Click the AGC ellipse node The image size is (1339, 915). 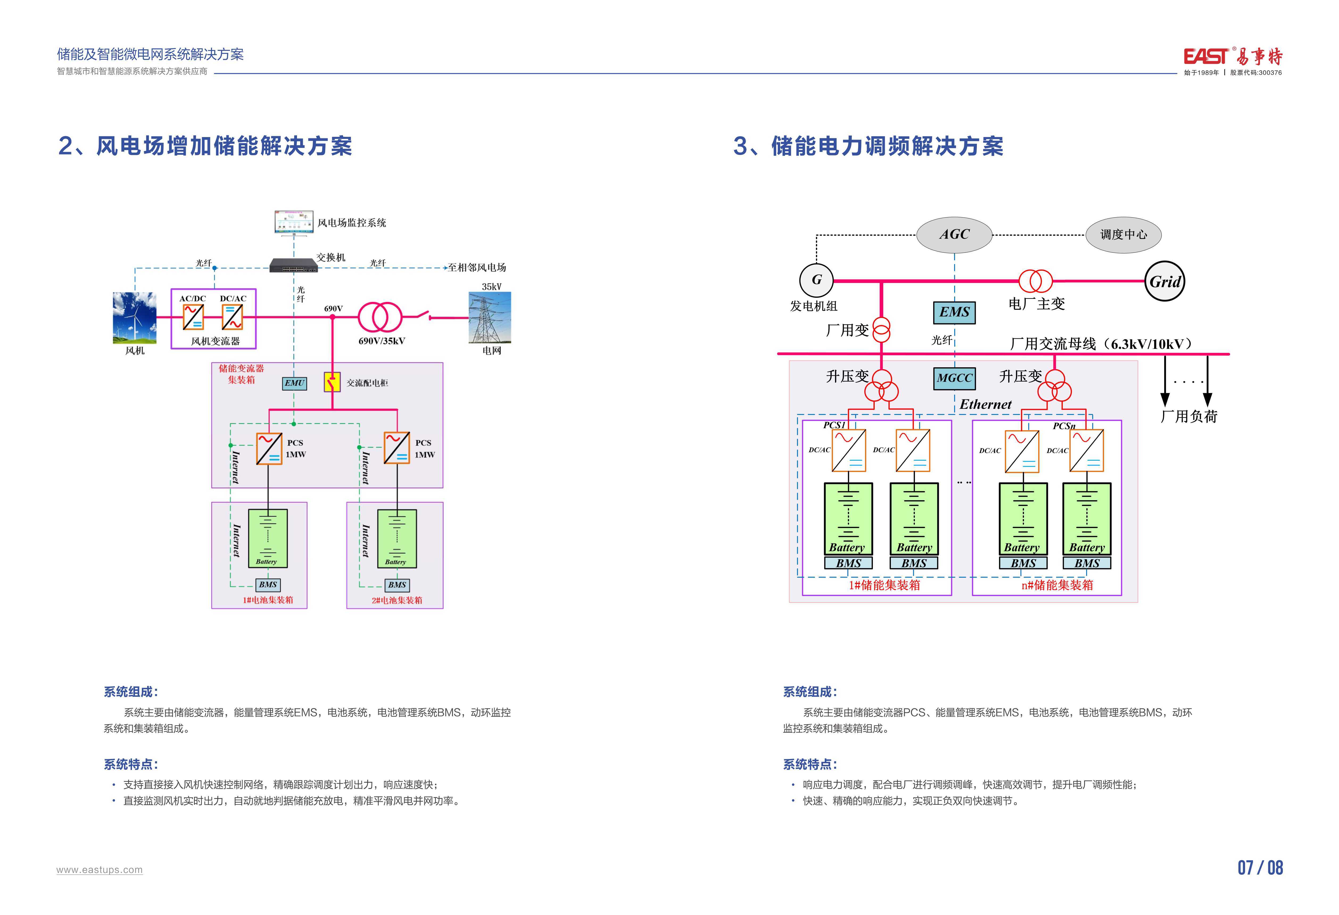click(954, 234)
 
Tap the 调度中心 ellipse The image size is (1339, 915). click(1123, 234)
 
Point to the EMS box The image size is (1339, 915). click(954, 312)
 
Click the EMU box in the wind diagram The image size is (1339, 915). click(294, 383)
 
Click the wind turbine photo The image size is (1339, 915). click(134, 318)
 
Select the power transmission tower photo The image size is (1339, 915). click(490, 318)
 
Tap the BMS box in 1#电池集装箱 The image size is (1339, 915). click(268, 585)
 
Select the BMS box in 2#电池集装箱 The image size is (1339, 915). click(397, 585)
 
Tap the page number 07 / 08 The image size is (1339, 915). click(1260, 868)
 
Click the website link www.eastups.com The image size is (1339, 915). click(100, 870)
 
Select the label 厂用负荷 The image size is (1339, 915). click(1189, 417)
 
